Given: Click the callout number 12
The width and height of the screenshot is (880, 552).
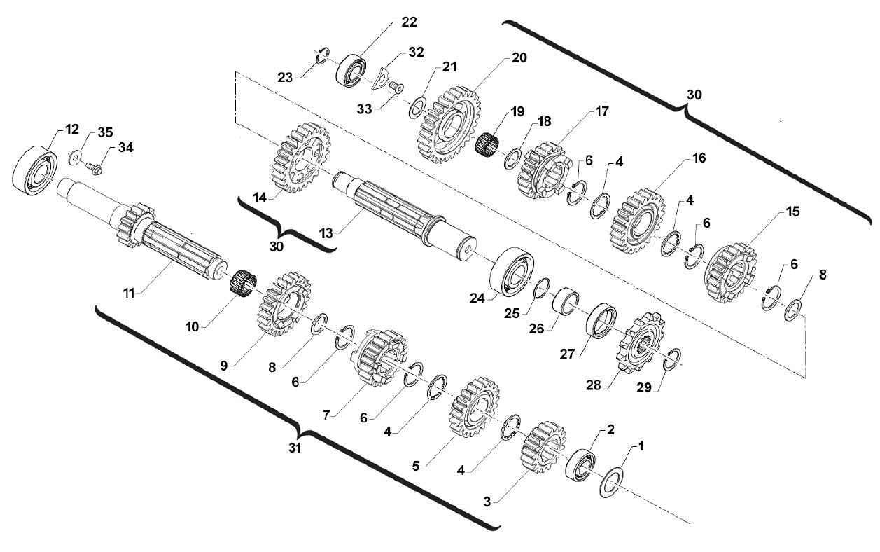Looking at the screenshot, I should [x=73, y=129].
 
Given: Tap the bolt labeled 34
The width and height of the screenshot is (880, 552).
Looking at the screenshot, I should [x=95, y=168].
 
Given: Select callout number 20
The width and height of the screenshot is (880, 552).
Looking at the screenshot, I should [x=519, y=57].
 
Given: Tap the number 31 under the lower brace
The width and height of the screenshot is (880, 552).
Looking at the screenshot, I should [x=295, y=449].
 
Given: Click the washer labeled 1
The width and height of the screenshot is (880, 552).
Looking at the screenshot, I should [x=610, y=484].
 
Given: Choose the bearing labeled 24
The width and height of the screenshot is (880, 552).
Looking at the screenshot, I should [x=513, y=272].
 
